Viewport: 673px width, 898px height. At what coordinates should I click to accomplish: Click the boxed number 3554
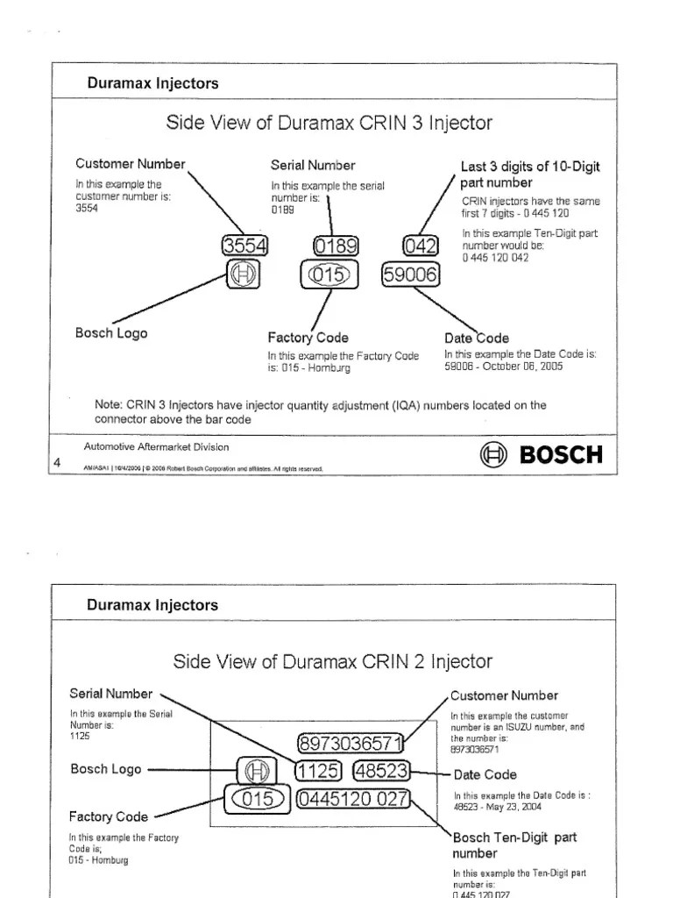[x=246, y=246]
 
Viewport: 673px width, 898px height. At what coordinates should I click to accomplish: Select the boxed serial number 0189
[x=335, y=246]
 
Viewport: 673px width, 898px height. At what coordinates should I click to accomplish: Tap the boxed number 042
[x=418, y=246]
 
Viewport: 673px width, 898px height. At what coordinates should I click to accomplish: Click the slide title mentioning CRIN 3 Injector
[x=329, y=123]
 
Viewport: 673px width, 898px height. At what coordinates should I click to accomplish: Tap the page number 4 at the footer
[x=57, y=463]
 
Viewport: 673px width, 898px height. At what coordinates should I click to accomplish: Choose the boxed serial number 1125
[x=317, y=771]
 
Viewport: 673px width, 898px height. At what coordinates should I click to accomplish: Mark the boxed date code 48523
[x=380, y=771]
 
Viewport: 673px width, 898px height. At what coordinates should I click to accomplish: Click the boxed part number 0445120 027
[x=353, y=799]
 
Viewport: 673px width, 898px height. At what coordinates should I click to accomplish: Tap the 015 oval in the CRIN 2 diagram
[x=257, y=799]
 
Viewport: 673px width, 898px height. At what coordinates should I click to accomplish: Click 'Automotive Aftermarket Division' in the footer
[x=156, y=447]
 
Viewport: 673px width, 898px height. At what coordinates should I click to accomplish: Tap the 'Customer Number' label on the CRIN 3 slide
[x=131, y=164]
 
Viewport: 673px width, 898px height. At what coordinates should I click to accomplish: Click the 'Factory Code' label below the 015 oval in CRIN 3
[x=308, y=338]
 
